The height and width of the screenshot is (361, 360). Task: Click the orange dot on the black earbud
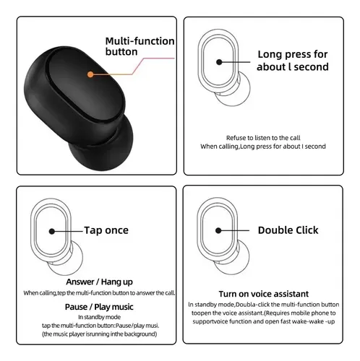[x=90, y=74]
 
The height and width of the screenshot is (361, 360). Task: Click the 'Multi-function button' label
[x=140, y=46]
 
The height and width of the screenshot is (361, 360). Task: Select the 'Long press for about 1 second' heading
[x=293, y=61]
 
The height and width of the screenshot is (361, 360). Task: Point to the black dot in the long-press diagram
[x=219, y=62]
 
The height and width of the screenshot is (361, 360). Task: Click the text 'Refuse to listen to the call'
[x=263, y=138]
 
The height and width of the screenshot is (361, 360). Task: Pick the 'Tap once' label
[x=106, y=230]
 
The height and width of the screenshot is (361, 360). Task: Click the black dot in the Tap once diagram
[x=52, y=232]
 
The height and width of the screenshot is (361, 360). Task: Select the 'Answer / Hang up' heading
[x=99, y=282]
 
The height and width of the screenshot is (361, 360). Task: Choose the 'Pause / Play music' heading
[x=99, y=307]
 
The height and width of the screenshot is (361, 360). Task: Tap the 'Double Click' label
[x=288, y=230]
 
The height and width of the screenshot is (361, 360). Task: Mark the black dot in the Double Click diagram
[x=218, y=230]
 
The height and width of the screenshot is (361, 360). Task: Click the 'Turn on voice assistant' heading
[x=264, y=294]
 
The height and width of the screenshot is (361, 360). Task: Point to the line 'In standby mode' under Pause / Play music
[x=99, y=317]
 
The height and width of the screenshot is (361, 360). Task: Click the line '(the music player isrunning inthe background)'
[x=99, y=334]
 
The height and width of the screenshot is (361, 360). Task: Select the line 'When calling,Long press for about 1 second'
[x=263, y=147]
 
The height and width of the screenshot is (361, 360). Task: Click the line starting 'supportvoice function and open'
[x=264, y=321]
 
